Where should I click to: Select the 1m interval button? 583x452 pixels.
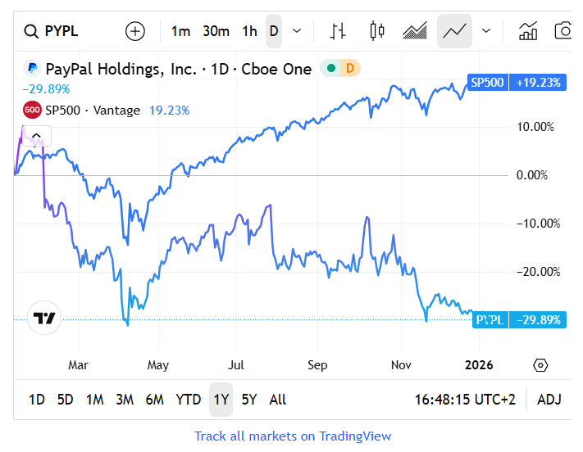180,31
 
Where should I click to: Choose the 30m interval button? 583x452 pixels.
216,31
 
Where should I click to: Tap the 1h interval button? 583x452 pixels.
249,31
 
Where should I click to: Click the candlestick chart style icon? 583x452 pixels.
377,31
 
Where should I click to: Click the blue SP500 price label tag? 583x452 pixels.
487,82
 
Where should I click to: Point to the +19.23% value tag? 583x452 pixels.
538,82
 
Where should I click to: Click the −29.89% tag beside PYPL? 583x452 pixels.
538,319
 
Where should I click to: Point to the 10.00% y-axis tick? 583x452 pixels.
537,127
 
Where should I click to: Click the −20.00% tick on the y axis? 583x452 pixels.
537,272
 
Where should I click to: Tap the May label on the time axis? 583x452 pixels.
158,364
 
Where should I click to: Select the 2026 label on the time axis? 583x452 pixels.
479,364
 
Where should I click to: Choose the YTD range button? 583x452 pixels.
189,400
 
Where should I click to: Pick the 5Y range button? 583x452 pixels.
249,400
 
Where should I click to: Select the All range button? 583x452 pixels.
278,400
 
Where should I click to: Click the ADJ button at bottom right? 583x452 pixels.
549,400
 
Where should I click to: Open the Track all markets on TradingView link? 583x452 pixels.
293,436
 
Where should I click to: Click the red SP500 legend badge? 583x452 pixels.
33,110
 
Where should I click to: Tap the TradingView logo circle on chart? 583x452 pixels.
44,318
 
